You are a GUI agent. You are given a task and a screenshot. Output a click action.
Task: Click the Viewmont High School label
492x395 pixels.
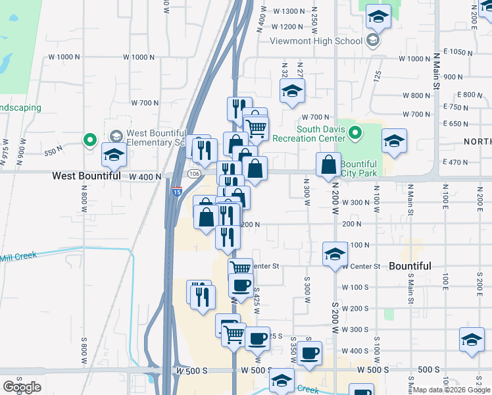click(316, 41)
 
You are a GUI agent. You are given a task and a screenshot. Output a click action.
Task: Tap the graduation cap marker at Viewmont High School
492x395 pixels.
click(378, 18)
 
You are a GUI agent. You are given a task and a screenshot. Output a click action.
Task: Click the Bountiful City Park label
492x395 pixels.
click(358, 169)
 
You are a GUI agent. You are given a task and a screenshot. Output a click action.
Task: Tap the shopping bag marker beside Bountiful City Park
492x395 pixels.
click(328, 165)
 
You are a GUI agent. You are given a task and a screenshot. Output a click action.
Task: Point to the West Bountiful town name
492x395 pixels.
click(87, 176)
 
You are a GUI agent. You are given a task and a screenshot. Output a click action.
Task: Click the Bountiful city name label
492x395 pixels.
click(410, 266)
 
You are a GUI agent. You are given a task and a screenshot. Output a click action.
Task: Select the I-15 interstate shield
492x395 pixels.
click(177, 191)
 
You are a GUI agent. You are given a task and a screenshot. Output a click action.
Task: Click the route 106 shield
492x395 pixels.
click(193, 174)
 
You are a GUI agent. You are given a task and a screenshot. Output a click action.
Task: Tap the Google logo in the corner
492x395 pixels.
click(22, 387)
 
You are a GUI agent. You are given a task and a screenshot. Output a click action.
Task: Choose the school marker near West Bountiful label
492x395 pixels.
click(114, 155)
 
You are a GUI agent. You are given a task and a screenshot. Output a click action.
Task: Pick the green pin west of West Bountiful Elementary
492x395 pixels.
click(89, 140)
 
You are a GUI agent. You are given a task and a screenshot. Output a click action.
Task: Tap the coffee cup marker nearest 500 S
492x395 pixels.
click(308, 354)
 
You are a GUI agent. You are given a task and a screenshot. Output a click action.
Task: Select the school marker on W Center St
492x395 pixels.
click(335, 253)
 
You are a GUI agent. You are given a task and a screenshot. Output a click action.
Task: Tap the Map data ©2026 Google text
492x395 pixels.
click(451, 390)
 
